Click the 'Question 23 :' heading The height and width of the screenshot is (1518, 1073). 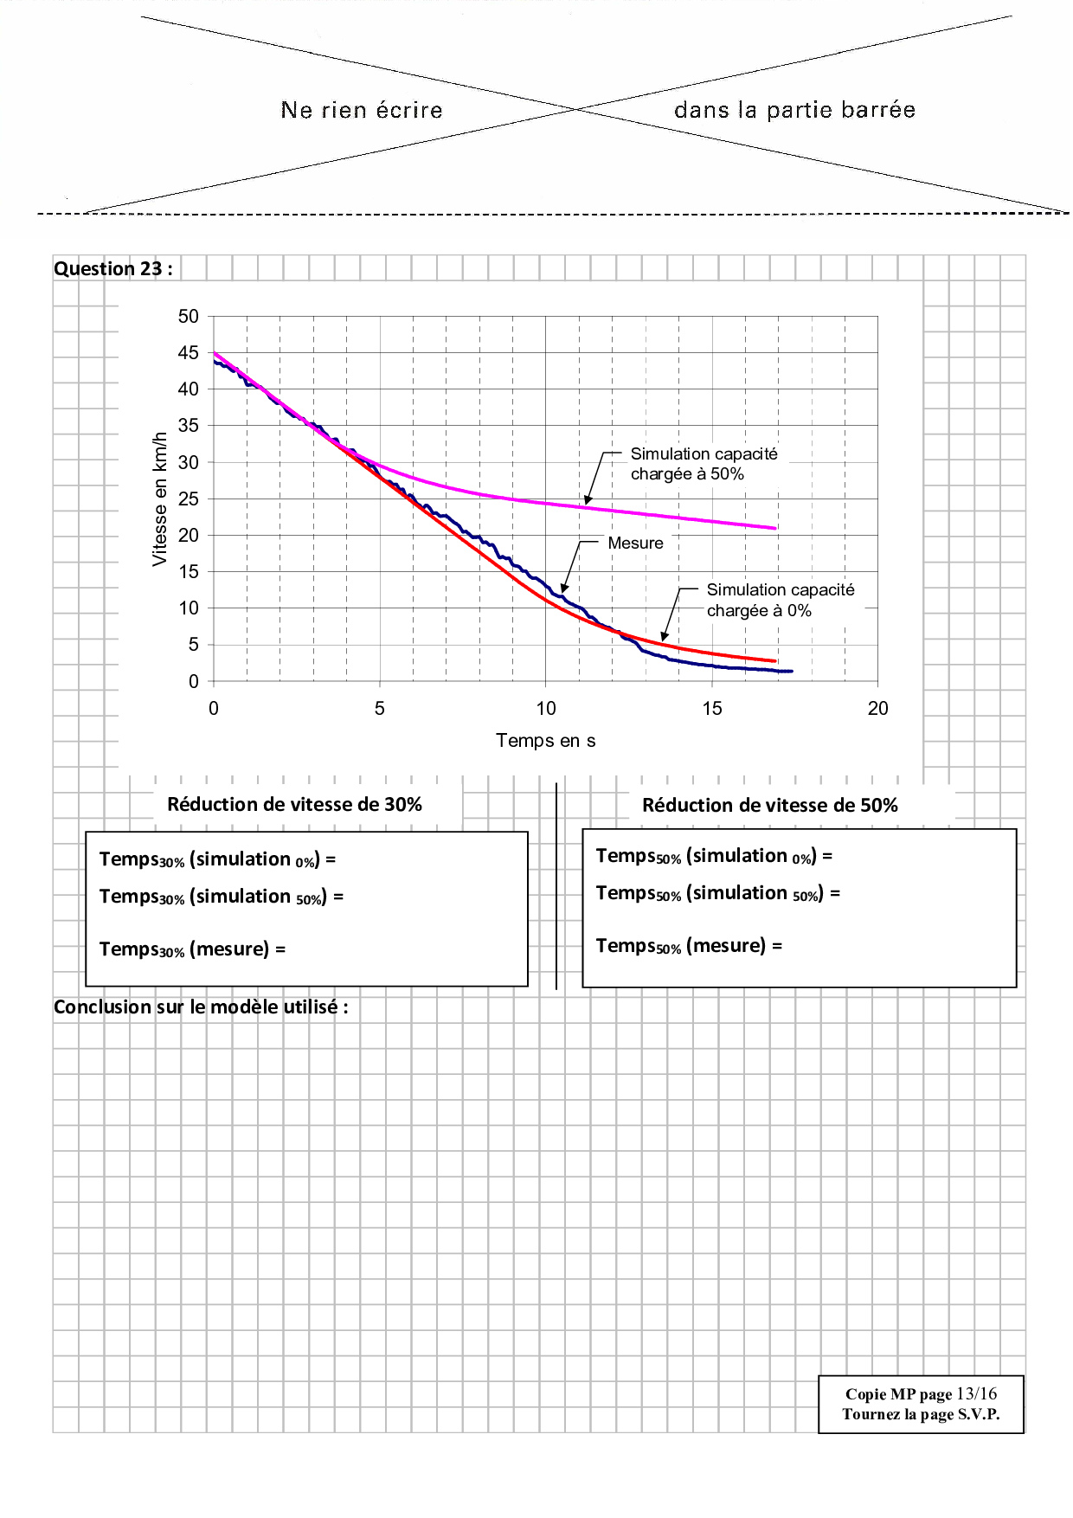pyautogui.click(x=112, y=268)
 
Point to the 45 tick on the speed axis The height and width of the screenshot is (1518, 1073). pyautogui.click(x=188, y=352)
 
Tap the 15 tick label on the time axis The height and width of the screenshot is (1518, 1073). pyautogui.click(x=711, y=709)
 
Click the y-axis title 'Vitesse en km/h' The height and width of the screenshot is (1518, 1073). pyautogui.click(x=159, y=498)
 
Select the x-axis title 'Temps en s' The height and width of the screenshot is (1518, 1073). pyautogui.click(x=545, y=741)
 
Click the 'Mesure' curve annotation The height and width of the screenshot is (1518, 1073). pyautogui.click(x=635, y=544)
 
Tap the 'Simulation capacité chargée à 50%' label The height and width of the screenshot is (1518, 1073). pyautogui.click(x=703, y=464)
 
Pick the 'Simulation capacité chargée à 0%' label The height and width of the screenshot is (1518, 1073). pyautogui.click(x=780, y=600)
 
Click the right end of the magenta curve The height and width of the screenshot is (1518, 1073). pyautogui.click(x=775, y=528)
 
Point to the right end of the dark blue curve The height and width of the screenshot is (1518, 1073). pyautogui.click(x=791, y=671)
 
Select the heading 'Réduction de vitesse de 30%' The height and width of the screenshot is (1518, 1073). pyautogui.click(x=294, y=805)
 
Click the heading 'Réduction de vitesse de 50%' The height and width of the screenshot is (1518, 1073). pyautogui.click(x=769, y=806)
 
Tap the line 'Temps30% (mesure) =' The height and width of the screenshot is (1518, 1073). pyautogui.click(x=192, y=949)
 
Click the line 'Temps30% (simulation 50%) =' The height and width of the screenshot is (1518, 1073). pyautogui.click(x=221, y=897)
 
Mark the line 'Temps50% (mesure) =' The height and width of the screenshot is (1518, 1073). pyautogui.click(x=689, y=946)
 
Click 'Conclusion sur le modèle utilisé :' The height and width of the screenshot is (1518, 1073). pyautogui.click(x=201, y=1007)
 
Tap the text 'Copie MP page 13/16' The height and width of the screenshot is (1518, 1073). pyautogui.click(x=921, y=1394)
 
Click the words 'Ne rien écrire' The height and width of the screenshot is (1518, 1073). pyautogui.click(x=362, y=111)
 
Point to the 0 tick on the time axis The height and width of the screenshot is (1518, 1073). pyautogui.click(x=214, y=709)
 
